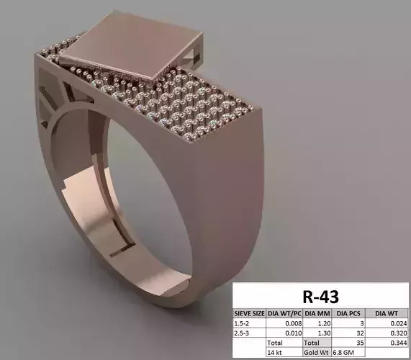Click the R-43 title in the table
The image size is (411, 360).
click(x=320, y=296)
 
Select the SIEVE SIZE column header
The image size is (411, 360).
click(x=249, y=313)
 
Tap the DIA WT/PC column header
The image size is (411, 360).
click(x=284, y=313)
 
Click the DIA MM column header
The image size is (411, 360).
click(x=316, y=313)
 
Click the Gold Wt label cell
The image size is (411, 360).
click(x=316, y=354)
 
